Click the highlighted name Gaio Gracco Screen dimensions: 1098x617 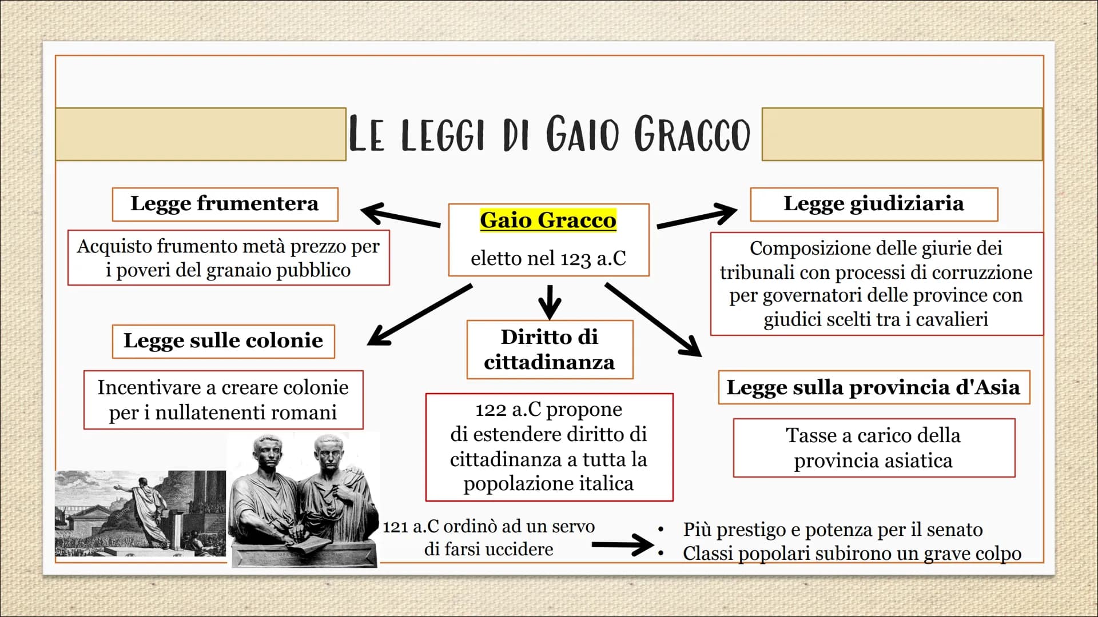click(x=548, y=220)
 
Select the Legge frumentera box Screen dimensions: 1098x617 click(x=225, y=204)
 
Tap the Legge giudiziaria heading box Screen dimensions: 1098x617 click(x=874, y=204)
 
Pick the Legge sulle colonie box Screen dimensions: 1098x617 click(x=223, y=341)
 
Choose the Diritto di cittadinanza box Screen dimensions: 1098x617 click(x=550, y=349)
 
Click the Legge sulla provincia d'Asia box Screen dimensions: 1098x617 click(x=874, y=387)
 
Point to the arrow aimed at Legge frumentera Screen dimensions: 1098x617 click(x=400, y=215)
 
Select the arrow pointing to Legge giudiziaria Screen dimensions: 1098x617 click(x=697, y=215)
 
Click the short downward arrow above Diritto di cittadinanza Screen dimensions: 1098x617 click(x=550, y=302)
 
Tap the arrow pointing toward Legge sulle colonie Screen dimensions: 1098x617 click(x=420, y=315)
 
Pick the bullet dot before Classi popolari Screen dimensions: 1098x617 click(x=661, y=553)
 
